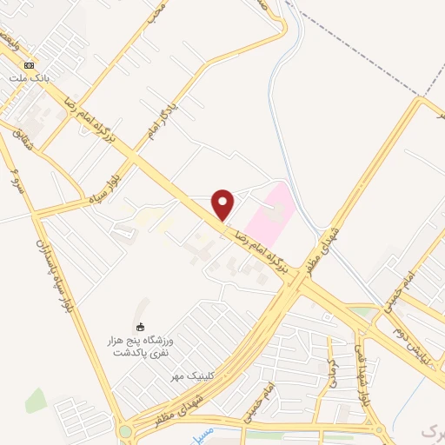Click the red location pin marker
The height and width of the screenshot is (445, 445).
(x=223, y=205)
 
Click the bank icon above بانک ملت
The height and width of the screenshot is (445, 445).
(x=29, y=66)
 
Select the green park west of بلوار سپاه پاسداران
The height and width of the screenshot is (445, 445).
(x=36, y=401)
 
